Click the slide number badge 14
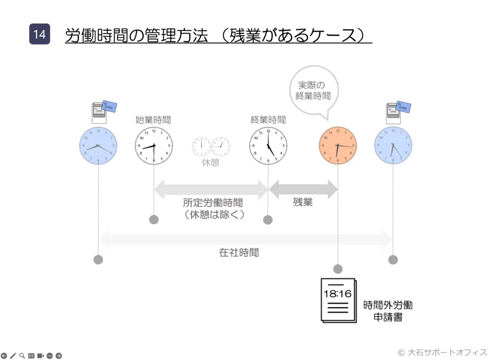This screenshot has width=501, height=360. [40, 34]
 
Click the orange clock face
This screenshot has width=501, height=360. [338, 146]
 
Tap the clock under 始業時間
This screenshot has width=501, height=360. [154, 146]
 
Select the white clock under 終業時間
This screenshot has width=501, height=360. [268, 146]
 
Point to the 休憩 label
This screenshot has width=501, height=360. [211, 163]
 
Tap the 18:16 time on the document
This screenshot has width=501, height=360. [338, 294]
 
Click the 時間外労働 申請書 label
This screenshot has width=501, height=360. [388, 311]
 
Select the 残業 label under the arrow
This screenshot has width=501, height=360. [303, 202]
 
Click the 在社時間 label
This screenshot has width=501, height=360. [239, 253]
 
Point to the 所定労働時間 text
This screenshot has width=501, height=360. [213, 202]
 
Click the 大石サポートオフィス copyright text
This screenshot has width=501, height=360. [442, 352]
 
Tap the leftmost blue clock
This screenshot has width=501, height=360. [98, 146]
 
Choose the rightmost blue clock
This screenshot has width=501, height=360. [393, 146]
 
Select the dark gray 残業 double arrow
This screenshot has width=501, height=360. [303, 189]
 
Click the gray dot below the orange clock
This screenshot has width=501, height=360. [338, 269]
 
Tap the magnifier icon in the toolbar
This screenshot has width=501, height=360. [22, 356]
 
